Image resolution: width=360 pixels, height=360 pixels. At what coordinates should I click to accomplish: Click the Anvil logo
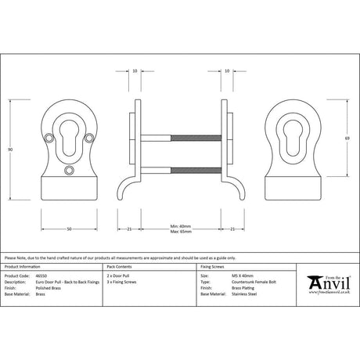pyautogui.click(x=324, y=282)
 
